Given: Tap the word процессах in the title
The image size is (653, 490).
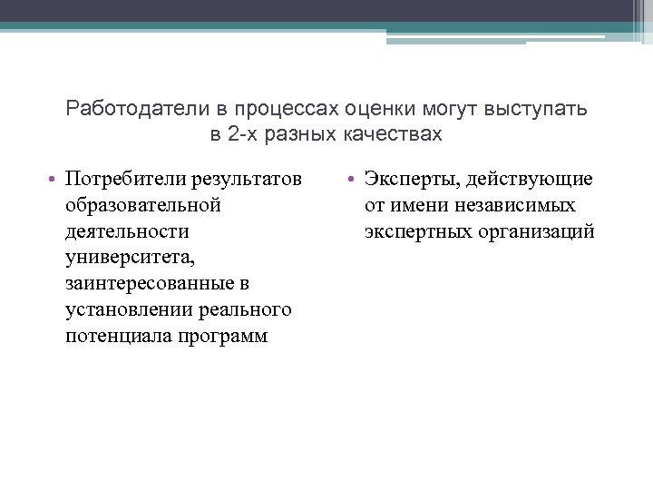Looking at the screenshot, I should pos(295,110).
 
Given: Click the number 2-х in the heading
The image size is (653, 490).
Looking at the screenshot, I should pos(237,135).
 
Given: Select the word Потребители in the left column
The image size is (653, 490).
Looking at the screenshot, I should pos(126,179).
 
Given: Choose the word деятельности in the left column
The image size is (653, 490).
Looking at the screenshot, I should pos(127,231).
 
